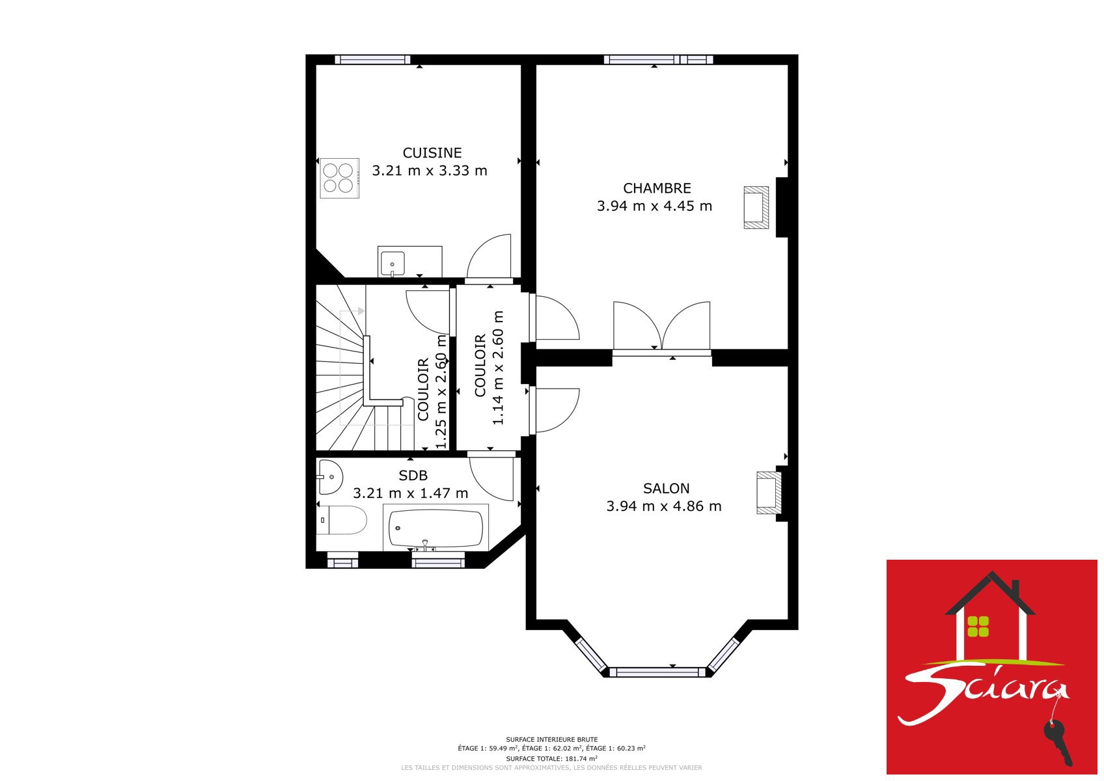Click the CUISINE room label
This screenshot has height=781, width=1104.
click(432, 153)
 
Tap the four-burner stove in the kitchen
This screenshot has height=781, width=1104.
click(340, 178)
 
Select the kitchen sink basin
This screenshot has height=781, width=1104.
click(393, 264)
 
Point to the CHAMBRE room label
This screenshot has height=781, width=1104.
click(657, 188)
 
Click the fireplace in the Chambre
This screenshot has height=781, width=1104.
click(756, 208)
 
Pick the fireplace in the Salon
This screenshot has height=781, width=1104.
click(769, 493)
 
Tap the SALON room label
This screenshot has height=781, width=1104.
click(666, 488)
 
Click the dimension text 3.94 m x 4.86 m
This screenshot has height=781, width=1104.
click(663, 506)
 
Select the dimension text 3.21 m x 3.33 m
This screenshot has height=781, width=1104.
click(429, 171)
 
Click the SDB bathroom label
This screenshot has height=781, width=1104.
click(413, 476)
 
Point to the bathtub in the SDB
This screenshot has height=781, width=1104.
click(435, 528)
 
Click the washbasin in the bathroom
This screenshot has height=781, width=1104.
click(330, 477)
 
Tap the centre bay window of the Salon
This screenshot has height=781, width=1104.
click(657, 672)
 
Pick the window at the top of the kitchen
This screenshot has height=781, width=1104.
click(372, 60)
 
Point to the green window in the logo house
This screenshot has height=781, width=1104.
click(978, 626)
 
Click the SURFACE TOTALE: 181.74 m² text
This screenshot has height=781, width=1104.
click(551, 758)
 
